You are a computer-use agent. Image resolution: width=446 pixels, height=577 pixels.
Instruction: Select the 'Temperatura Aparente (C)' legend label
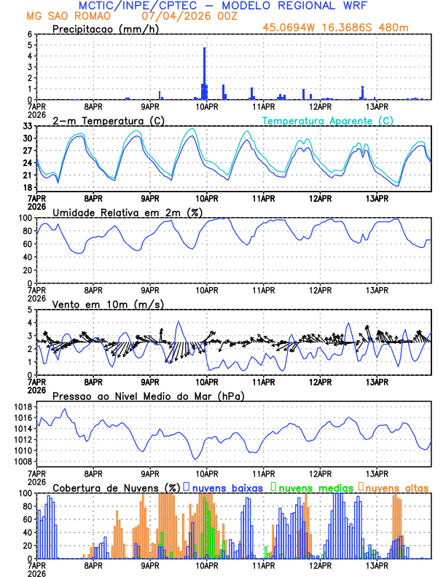tap(327, 120)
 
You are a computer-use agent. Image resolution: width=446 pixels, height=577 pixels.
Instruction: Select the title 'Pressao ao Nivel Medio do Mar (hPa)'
tap(148, 396)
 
